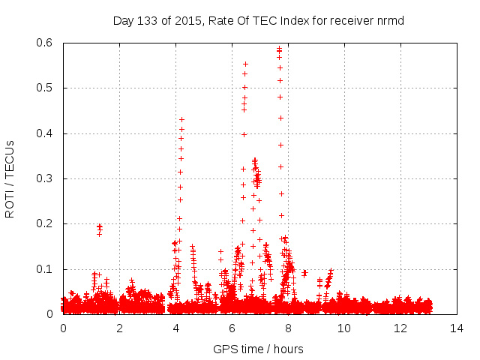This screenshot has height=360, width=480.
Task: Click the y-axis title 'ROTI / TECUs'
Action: (x=10, y=178)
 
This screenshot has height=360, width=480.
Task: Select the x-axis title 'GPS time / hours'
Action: (x=258, y=349)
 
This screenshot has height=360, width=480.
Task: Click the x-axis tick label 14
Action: (x=457, y=328)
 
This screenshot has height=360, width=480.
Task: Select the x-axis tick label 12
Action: (x=400, y=328)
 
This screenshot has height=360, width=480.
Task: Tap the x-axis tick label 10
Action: (x=344, y=328)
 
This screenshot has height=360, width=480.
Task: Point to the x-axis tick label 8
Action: (x=288, y=328)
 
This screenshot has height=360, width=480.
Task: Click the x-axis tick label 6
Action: (x=232, y=328)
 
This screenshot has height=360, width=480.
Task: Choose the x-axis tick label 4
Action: (x=175, y=328)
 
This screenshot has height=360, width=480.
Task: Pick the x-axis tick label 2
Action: (x=119, y=328)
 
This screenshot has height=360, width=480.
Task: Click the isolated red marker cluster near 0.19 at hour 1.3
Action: (x=99, y=228)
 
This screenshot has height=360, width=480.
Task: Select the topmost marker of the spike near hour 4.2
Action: (x=181, y=120)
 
